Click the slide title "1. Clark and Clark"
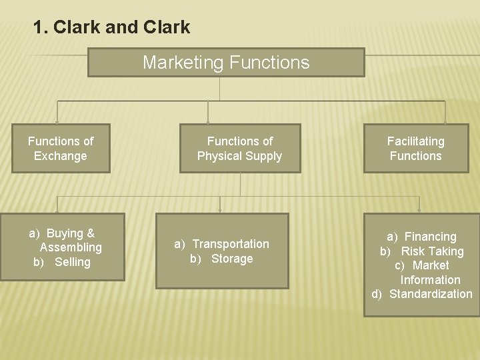coord(111,27)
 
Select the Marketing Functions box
coord(226,63)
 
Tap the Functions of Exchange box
coord(61,149)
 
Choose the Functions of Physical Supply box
coord(240,149)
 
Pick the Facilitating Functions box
coord(416,149)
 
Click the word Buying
coord(65,233)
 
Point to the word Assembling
coord(71,247)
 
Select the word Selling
coord(72,262)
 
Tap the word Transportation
coord(231,244)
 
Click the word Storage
coord(232,259)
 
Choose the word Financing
coord(430,237)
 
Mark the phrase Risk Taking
coord(432,251)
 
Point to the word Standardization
coord(431,294)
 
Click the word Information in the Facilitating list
coord(430,280)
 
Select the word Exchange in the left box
coord(61,156)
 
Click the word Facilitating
coord(416,141)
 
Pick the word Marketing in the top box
coord(183,63)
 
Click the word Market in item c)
coord(431,265)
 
